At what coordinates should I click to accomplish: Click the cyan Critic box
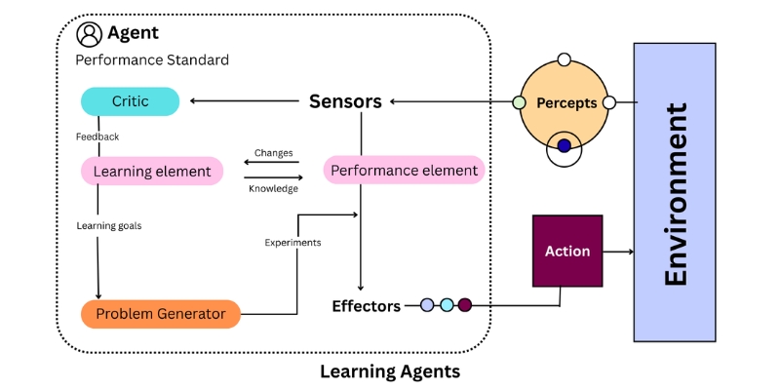(130, 101)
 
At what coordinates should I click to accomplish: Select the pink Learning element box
(151, 172)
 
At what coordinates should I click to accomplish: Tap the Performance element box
(404, 171)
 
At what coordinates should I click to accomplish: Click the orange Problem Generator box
(160, 314)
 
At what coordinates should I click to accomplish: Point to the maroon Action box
(567, 252)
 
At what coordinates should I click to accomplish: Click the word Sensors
(345, 101)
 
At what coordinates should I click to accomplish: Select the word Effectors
(366, 306)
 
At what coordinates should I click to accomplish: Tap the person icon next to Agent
(90, 34)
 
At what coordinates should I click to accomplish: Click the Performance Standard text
(152, 60)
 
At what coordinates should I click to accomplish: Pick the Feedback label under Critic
(97, 136)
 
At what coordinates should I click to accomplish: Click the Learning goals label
(109, 225)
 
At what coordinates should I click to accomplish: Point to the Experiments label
(292, 242)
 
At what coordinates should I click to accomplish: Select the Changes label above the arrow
(273, 153)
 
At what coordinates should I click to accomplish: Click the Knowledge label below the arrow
(273, 189)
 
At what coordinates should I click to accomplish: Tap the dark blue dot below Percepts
(564, 146)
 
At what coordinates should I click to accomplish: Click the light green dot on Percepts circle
(519, 102)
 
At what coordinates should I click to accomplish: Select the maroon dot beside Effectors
(465, 305)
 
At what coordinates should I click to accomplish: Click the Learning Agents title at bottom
(390, 371)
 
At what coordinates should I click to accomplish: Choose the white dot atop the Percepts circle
(564, 59)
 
